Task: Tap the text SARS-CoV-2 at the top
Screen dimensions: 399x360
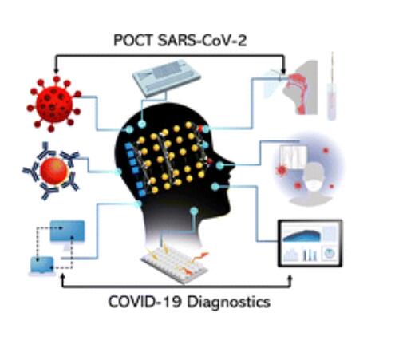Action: pyautogui.click(x=202, y=41)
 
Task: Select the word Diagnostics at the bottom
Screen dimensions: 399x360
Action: pyautogui.click(x=228, y=303)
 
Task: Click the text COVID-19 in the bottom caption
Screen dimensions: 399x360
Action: pyautogui.click(x=144, y=302)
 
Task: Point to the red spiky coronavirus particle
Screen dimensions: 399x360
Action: pyautogui.click(x=54, y=104)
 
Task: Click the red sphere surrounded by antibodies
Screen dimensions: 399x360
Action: pyautogui.click(x=54, y=171)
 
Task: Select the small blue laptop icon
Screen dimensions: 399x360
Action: pyautogui.click(x=41, y=266)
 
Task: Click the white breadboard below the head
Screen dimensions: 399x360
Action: pyautogui.click(x=175, y=263)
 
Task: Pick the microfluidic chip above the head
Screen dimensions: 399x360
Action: pyautogui.click(x=166, y=77)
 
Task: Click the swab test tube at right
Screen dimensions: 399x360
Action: pyautogui.click(x=332, y=87)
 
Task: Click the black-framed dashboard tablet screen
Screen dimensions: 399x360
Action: pyautogui.click(x=310, y=243)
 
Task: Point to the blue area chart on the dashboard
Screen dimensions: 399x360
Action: pyautogui.click(x=302, y=235)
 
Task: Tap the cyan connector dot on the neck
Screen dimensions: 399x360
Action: pyautogui.click(x=194, y=211)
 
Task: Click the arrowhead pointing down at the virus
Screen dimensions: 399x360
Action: pyautogui.click(x=56, y=70)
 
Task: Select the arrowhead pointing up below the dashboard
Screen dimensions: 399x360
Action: pyautogui.click(x=290, y=279)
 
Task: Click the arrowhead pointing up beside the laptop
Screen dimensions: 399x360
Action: pyautogui.click(x=63, y=278)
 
